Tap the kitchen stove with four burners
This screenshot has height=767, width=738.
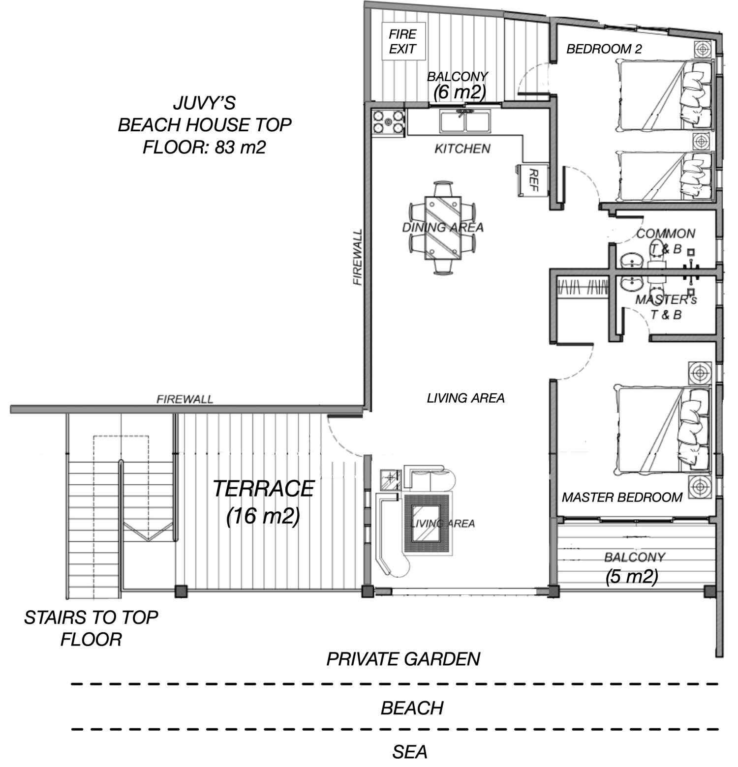tap(389, 122)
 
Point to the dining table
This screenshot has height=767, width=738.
tap(443, 228)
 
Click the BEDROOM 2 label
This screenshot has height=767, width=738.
tap(604, 49)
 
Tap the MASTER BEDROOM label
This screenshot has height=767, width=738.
tap(622, 498)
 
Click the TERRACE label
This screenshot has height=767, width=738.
tap(264, 488)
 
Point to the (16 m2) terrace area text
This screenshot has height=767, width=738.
tap(263, 516)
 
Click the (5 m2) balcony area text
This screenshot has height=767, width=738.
tap(632, 576)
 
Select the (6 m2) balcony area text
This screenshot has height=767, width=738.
tap(459, 92)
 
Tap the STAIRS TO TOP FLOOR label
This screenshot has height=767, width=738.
tap(91, 628)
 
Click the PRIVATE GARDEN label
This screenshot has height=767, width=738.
tap(403, 659)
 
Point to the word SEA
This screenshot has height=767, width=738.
tap(410, 752)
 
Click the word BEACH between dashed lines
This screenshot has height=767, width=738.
tap(412, 708)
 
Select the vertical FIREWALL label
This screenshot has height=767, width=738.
tap(357, 257)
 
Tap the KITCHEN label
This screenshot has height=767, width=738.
tap(462, 148)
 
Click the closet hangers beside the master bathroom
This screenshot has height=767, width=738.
tap(583, 287)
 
